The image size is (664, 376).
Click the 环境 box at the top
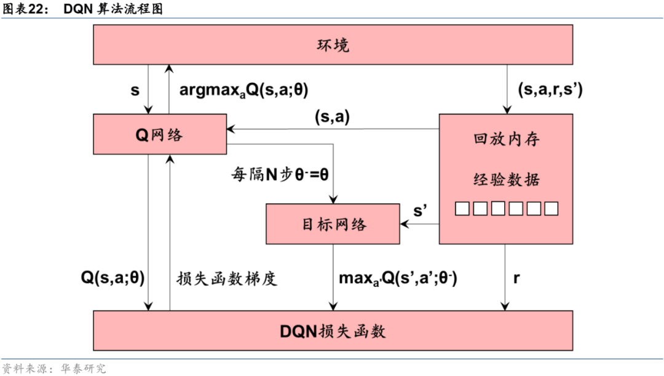point(333,45)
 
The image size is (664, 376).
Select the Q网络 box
point(159,134)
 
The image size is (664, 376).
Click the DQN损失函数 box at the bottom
point(333,331)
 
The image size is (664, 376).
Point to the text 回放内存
point(506,139)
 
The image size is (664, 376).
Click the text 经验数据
point(506,179)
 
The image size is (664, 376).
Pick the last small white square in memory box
point(551,209)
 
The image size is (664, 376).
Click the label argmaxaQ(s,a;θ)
point(243,90)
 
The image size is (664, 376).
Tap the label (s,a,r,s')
point(549,90)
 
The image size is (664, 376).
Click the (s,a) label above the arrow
point(332,117)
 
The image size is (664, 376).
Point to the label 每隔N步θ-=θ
point(280,173)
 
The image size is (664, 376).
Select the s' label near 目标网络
point(421,211)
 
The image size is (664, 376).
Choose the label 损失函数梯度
point(227,278)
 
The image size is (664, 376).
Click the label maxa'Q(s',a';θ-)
point(398,278)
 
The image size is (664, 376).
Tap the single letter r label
point(516,278)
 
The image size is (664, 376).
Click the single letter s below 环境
point(135,90)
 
